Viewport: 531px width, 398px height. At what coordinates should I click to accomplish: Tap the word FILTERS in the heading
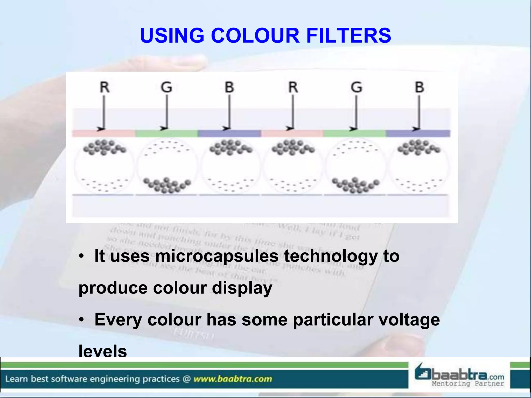click(348, 35)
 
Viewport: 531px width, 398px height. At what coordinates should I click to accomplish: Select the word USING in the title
click(172, 35)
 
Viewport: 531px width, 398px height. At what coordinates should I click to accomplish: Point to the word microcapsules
click(217, 256)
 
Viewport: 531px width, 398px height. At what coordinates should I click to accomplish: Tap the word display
click(242, 288)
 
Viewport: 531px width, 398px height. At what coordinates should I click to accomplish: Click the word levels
click(103, 351)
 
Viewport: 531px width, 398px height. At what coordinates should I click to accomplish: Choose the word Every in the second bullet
click(118, 320)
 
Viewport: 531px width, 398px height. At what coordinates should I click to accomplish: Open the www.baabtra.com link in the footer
click(233, 379)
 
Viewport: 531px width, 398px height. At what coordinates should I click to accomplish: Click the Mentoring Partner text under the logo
click(468, 383)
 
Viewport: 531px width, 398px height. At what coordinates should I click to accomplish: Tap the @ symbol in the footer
click(186, 379)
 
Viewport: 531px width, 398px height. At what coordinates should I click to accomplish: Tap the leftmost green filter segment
click(166, 133)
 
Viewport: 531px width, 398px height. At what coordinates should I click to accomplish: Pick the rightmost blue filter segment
click(418, 133)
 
